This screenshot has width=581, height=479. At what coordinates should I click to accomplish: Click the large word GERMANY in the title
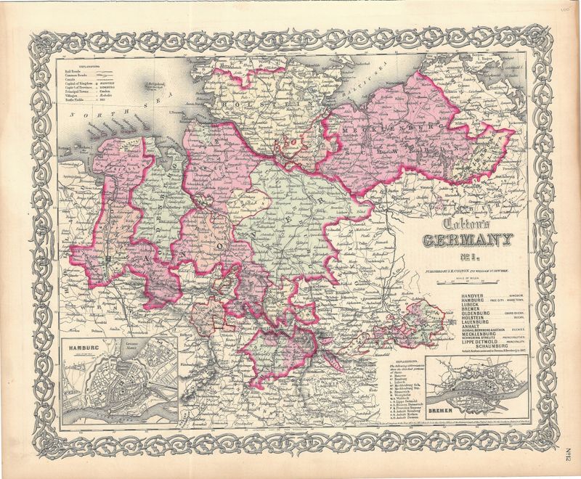(x=470, y=240)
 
